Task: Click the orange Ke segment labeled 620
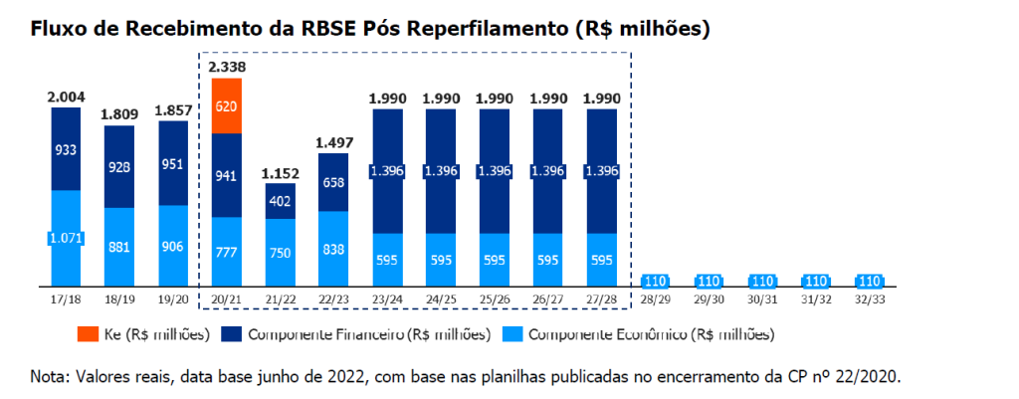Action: coord(227,105)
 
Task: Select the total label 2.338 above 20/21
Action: coord(227,67)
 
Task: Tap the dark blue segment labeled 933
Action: coord(66,147)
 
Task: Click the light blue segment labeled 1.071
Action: coord(66,237)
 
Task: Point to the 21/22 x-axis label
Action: coord(280,298)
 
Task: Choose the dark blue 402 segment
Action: coord(280,201)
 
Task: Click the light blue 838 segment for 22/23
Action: coord(333,249)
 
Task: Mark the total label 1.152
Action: coord(280,174)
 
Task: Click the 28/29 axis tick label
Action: coord(654,298)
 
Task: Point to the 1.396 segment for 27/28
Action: coord(602,171)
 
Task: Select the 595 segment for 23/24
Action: coord(387,259)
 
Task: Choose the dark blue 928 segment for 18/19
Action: coord(119,165)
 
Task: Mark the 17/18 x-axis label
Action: coord(66,298)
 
